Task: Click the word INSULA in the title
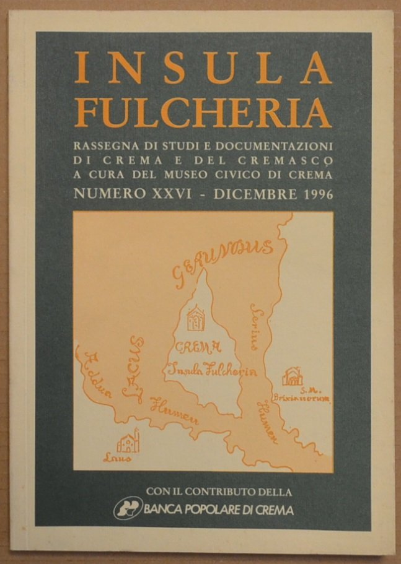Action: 203,69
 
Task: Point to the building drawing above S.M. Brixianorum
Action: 292,376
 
